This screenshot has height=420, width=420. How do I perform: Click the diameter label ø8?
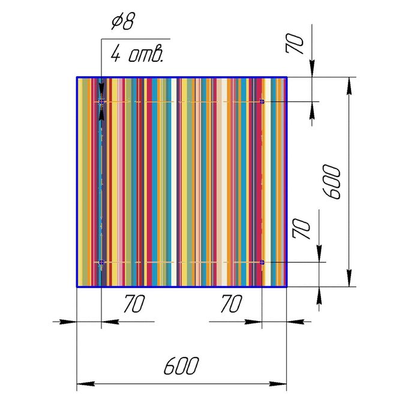coord(123,21)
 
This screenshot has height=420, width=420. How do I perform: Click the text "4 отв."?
coord(137,54)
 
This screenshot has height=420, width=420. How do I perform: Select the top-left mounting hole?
coord(101,102)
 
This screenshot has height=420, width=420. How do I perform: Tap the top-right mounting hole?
coord(262,101)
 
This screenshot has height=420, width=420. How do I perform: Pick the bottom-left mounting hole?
coord(101,262)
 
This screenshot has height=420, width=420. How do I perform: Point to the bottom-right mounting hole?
coord(262,262)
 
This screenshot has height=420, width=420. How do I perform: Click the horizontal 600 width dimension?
coord(181,366)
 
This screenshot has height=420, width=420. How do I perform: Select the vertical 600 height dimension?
coord(332,182)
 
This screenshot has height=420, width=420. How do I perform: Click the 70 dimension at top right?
coord(295,44)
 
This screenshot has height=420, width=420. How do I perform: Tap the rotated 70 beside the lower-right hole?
coord(302,229)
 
